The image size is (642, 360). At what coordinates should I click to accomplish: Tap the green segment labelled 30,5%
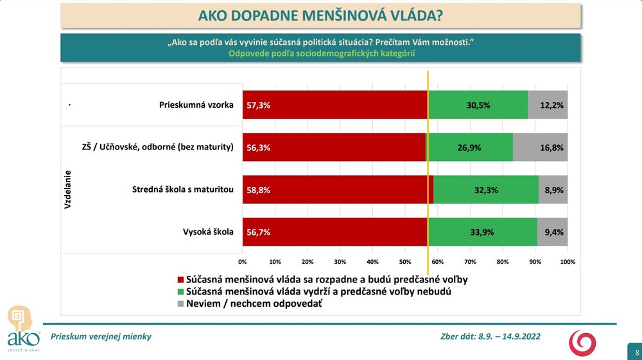coord(478,105)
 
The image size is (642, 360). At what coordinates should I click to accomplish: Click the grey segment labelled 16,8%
coord(540,147)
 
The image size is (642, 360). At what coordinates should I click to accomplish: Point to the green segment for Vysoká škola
coord(482,232)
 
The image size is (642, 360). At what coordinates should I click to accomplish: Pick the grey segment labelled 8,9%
coord(553,189)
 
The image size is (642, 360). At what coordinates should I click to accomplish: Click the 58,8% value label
coord(258,190)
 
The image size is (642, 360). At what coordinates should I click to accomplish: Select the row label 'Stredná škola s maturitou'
coord(182,189)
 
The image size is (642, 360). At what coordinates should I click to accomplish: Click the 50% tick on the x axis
coord(405,262)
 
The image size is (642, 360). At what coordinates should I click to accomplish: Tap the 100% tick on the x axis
coord(568,262)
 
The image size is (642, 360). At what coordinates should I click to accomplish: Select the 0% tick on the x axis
coord(243,262)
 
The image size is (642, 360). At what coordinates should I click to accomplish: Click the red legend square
coord(180,280)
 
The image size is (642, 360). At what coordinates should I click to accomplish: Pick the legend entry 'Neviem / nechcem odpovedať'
coord(254,304)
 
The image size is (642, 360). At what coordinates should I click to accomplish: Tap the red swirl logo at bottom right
coord(582,343)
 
